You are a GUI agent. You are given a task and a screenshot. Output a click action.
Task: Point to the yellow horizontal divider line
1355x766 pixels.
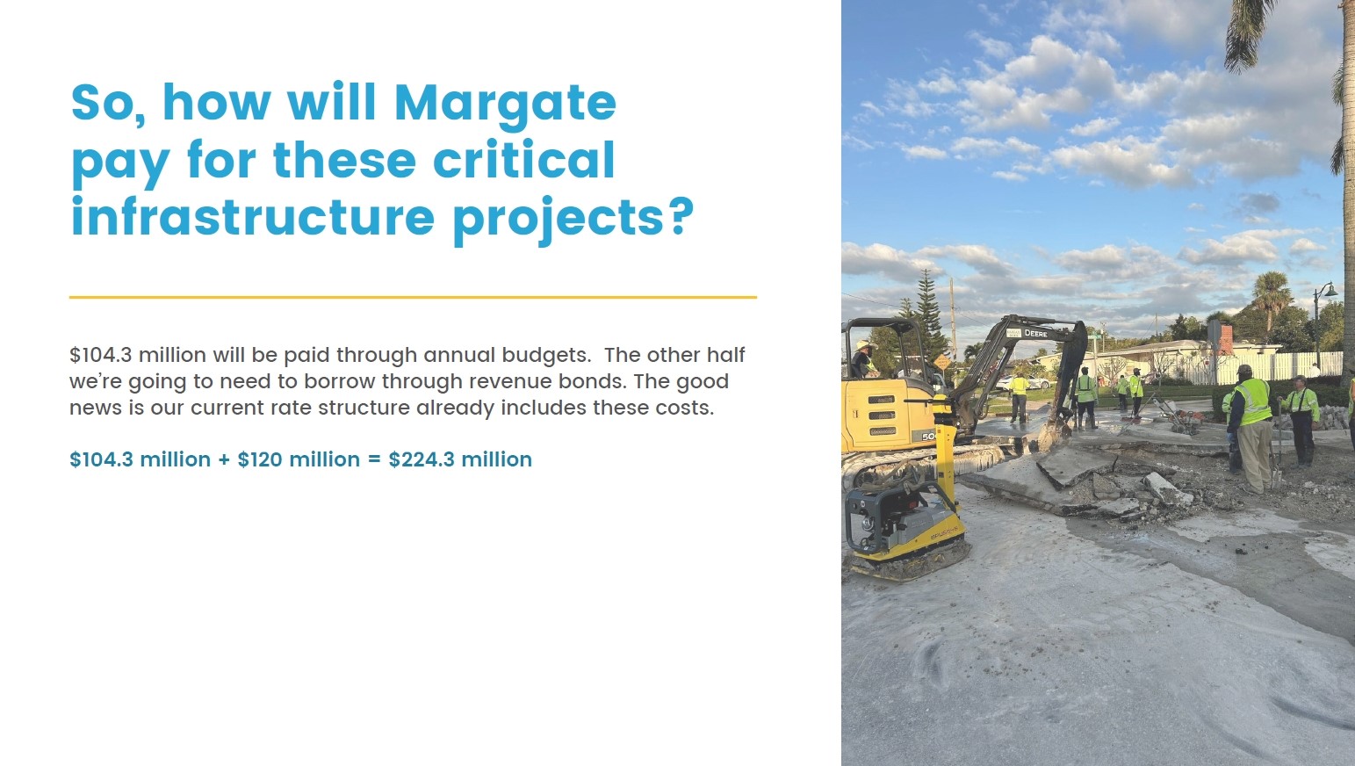pos(413,298)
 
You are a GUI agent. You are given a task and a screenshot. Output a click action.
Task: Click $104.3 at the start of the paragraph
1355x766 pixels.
pos(100,355)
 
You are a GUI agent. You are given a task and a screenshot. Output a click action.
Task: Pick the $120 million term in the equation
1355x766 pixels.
pos(299,459)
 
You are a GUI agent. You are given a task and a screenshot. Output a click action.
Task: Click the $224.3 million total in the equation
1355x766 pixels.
pos(460,459)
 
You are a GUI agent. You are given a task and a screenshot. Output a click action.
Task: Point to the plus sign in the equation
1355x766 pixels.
pos(224,459)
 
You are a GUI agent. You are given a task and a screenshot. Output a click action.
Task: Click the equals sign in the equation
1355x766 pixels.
pos(374,459)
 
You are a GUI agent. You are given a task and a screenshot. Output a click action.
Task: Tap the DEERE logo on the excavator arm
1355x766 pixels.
pos(1036,334)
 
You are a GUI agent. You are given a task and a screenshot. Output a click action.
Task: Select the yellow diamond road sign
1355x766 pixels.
pos(941,361)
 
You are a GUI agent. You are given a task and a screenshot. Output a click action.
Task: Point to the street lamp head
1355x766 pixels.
pos(1330,292)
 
